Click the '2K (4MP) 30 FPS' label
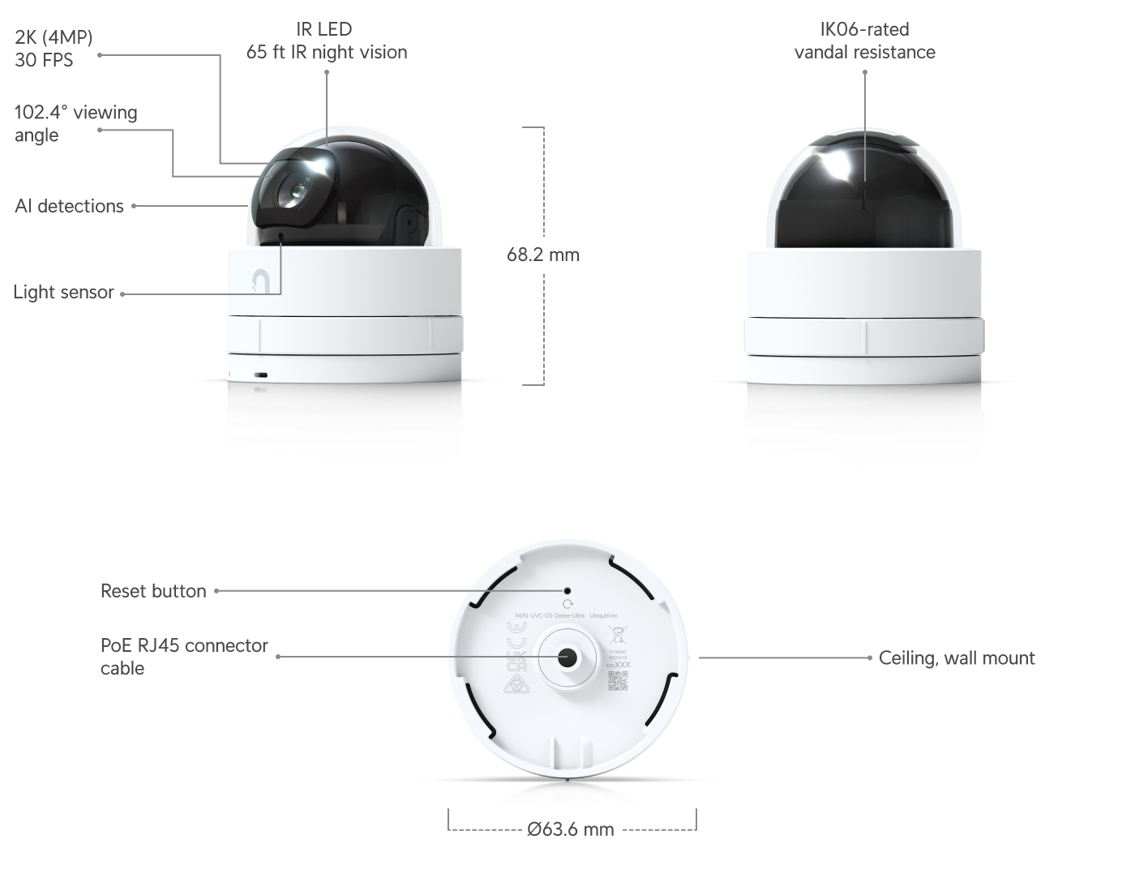click(54, 49)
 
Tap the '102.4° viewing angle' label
click(75, 123)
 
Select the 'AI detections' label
click(69, 206)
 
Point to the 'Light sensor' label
click(63, 293)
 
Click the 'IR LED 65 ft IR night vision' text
click(326, 41)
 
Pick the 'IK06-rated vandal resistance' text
click(864, 41)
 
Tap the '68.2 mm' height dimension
click(543, 255)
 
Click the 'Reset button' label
click(153, 591)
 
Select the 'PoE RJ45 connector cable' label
click(184, 657)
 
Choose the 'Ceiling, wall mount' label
click(957, 658)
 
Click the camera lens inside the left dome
click(293, 191)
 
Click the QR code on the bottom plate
click(618, 681)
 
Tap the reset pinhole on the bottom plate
click(567, 592)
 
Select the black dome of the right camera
click(864, 191)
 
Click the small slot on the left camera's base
click(261, 376)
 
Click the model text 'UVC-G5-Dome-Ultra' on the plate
click(557, 616)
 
